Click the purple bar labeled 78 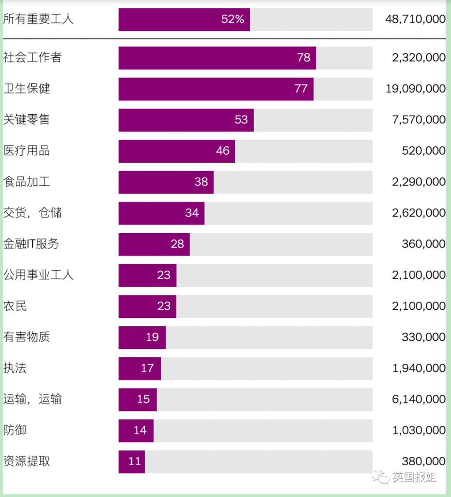point(217,58)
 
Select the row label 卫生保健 point(27,88)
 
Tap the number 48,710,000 point(415,19)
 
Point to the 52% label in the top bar point(233,19)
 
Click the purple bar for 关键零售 point(186,120)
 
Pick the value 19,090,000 point(415,89)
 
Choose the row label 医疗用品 point(27,151)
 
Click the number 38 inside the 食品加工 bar point(201,182)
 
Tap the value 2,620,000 point(418,213)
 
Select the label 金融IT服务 point(31,244)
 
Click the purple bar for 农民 point(147,306)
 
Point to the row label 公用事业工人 point(38,275)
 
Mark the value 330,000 point(423,337)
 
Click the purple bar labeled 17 point(140,368)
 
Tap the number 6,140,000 point(418,399)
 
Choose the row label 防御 point(15,430)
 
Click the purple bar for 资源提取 point(132,461)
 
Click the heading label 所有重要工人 point(38,19)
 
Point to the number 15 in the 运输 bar point(144,399)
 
